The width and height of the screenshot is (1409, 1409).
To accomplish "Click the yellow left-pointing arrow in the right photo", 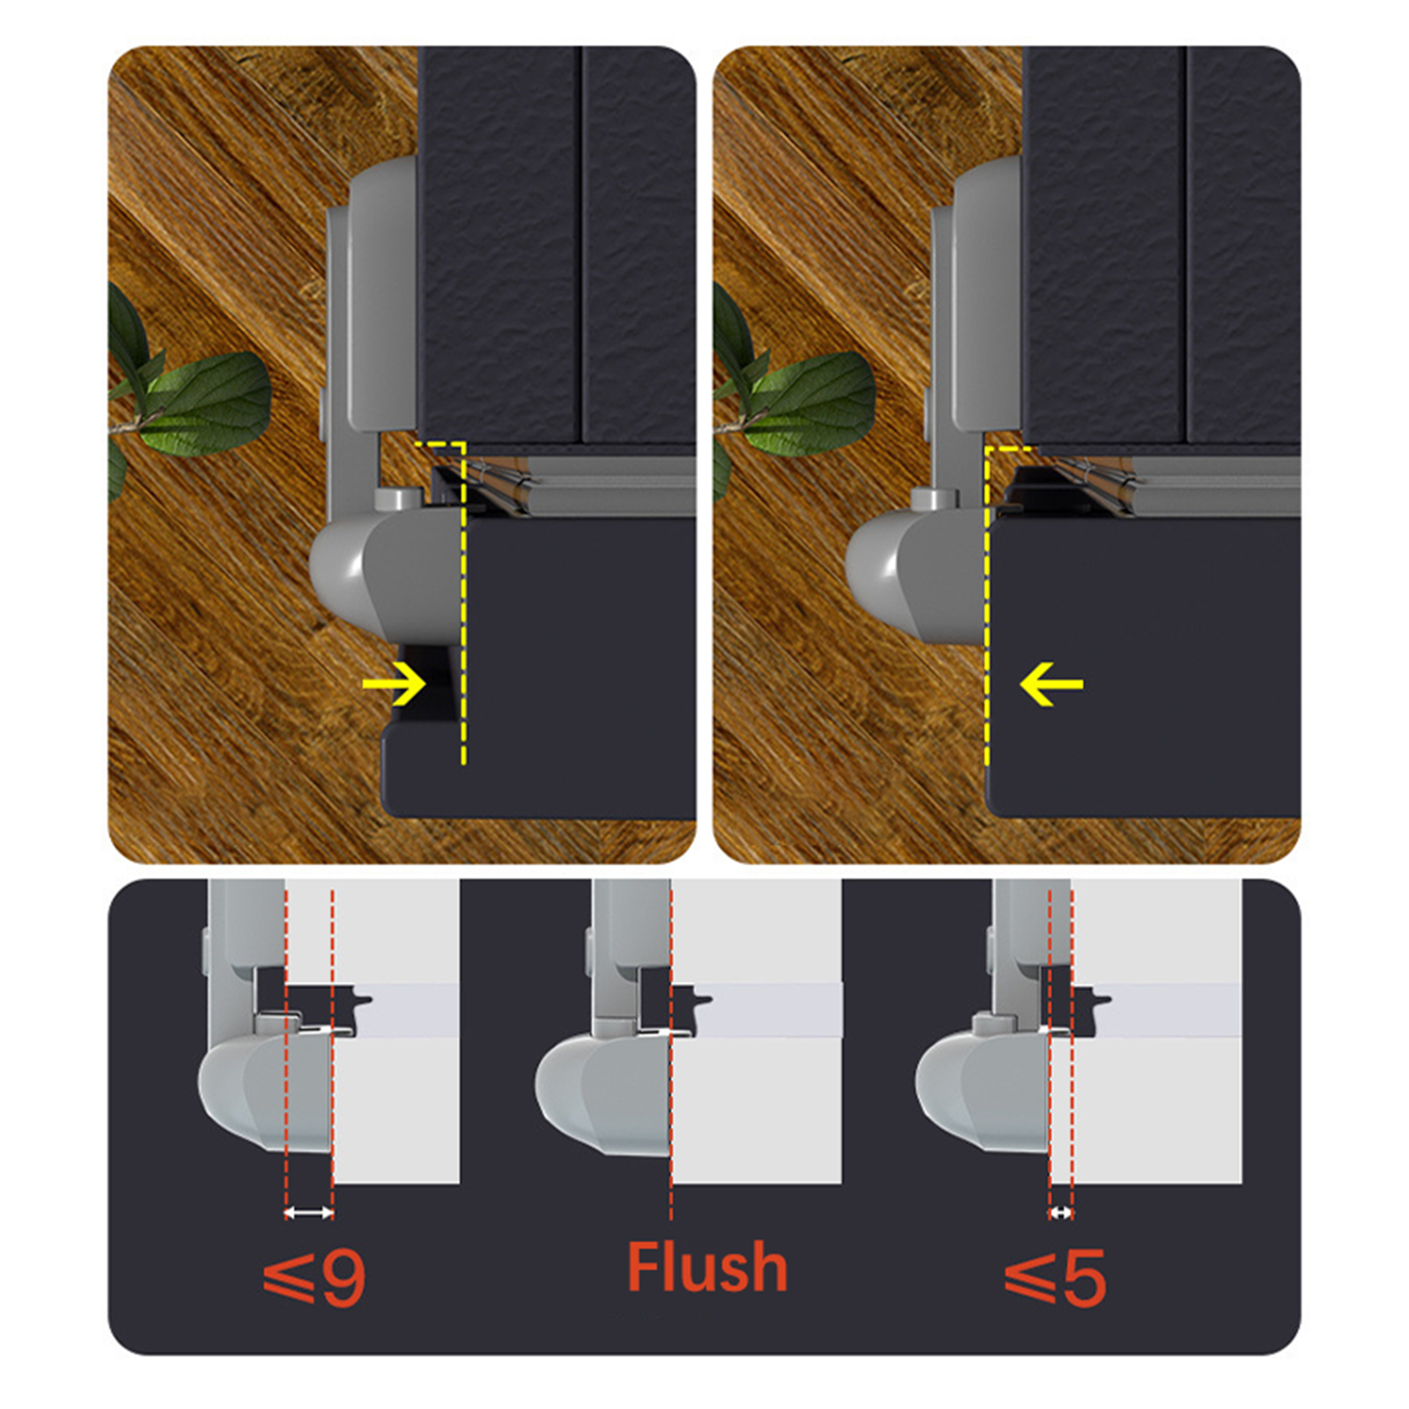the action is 1051,684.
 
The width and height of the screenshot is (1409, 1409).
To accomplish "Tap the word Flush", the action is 707,1267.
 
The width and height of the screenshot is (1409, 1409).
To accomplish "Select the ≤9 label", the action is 314,1278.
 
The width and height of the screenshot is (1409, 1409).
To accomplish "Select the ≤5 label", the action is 1055,1278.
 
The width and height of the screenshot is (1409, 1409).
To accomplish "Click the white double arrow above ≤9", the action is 309,1213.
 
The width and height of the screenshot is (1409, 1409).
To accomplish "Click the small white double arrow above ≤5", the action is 1061,1213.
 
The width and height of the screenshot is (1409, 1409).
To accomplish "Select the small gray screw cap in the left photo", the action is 396,499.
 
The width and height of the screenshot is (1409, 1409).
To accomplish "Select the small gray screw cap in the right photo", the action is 934,499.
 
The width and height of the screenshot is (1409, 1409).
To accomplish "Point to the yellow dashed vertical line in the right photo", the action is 987,608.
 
